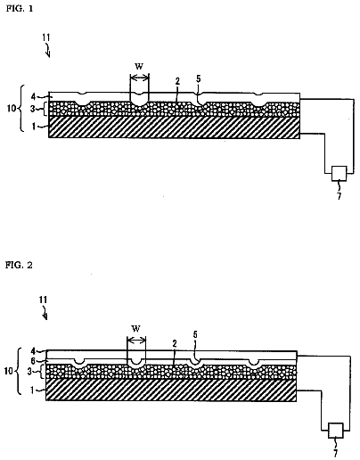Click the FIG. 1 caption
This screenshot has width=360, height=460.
[x=20, y=8]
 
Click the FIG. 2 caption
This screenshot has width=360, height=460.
[x=19, y=265]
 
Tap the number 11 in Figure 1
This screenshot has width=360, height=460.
[x=46, y=37]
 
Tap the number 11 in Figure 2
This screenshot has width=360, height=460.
[x=44, y=300]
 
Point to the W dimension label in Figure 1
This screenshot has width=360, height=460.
[x=139, y=67]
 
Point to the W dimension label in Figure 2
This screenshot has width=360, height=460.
[x=136, y=329]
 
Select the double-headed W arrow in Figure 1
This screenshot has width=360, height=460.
[x=139, y=78]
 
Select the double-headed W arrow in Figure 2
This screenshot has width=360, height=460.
[x=136, y=340]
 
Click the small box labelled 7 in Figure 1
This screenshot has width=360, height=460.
[x=340, y=174]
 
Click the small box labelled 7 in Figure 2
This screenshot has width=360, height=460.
[x=336, y=431]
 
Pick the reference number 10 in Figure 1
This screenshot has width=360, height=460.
[x=12, y=109]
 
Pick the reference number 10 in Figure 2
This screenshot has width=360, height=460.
[x=9, y=371]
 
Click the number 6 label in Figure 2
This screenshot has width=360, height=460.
[x=33, y=361]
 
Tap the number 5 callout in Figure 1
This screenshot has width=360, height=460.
[x=199, y=78]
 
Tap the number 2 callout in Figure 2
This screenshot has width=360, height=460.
[x=175, y=344]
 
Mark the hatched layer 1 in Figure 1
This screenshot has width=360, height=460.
[x=174, y=127]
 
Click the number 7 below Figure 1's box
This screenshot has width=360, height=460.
[x=340, y=196]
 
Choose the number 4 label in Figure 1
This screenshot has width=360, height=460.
[x=34, y=96]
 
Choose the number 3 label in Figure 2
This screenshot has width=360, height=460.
[x=29, y=372]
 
